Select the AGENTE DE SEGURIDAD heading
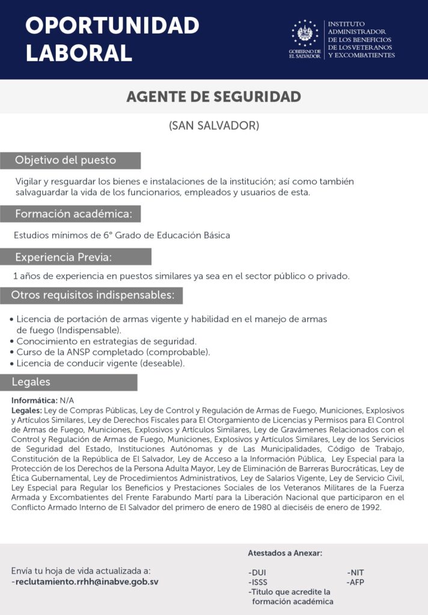pos(213,97)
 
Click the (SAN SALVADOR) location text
pos(213,126)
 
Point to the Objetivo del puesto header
pos(66,160)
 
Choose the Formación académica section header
pos(78,214)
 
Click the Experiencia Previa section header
pos(64,257)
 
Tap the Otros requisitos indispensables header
pos(93,295)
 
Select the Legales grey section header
pos(31,382)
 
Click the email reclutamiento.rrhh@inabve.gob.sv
pos(85,581)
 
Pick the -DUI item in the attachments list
pos(257,572)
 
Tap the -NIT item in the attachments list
pos(355,572)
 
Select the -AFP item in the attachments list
pos(355,582)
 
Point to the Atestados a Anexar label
pos(285,553)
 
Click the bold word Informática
pos(34,400)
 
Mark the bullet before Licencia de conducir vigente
pos(12,364)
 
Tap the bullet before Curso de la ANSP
pos(12,353)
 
